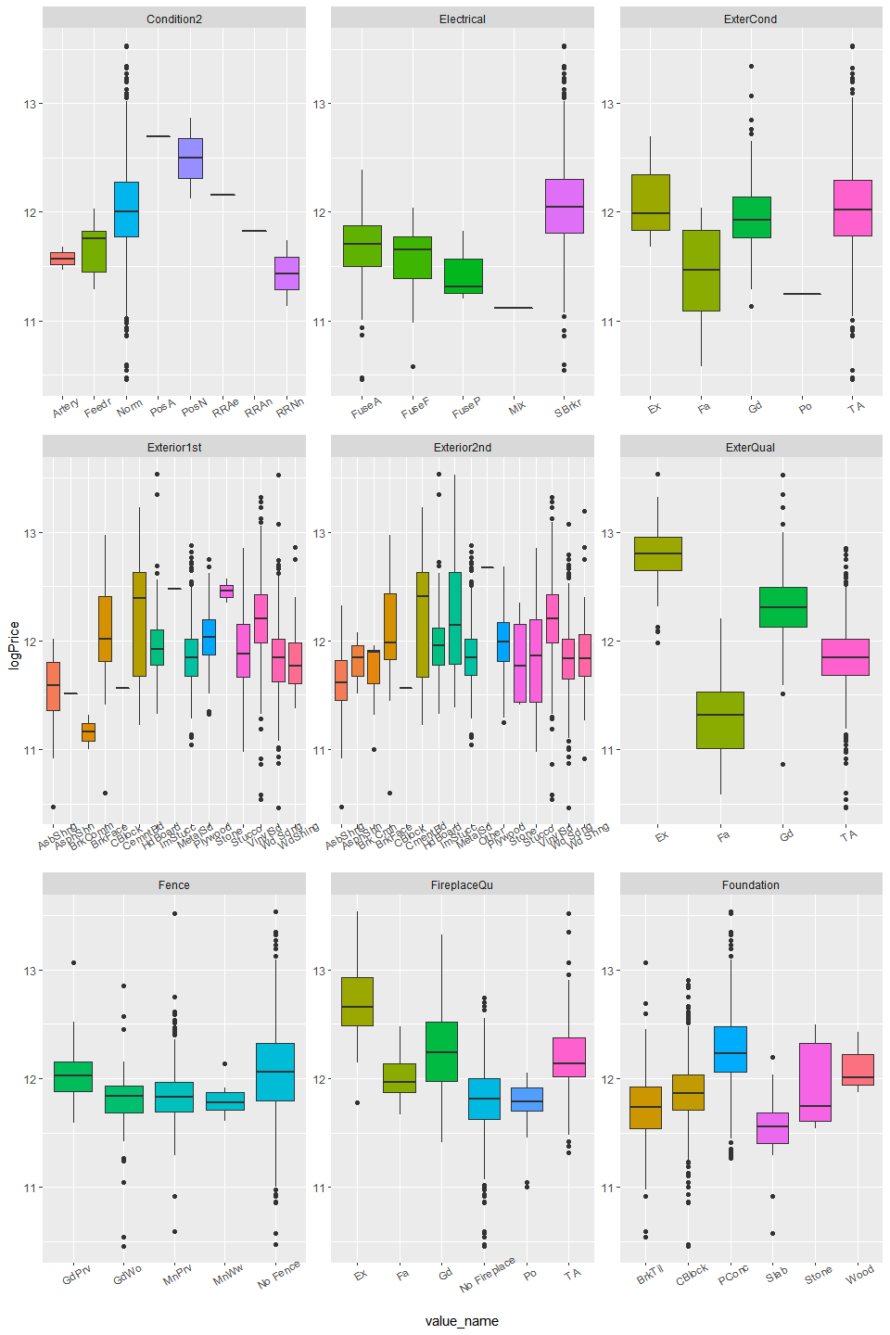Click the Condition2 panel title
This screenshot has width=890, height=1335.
point(173,19)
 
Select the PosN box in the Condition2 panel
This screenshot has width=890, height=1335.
point(190,159)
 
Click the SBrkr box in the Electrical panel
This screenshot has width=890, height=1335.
point(564,206)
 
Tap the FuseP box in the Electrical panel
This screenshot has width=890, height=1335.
point(463,276)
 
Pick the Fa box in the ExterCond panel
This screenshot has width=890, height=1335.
point(701,271)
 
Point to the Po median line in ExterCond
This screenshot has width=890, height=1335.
point(802,294)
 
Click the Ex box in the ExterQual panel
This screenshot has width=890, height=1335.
point(657,553)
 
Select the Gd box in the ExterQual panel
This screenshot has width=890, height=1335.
point(782,607)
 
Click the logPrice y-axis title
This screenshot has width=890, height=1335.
point(14,645)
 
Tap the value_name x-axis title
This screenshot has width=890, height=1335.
point(462,1321)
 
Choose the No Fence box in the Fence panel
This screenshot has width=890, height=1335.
point(274,1072)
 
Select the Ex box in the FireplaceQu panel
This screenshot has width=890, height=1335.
point(357,1001)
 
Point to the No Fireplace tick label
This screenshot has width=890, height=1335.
point(488,1275)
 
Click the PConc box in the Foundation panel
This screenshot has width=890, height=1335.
point(731,1049)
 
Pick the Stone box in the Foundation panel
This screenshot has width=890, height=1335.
point(815,1082)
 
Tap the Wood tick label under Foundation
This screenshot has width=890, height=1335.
point(859,1274)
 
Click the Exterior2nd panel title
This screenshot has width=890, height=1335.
point(462,447)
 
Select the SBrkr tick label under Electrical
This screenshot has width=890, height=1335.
point(568,407)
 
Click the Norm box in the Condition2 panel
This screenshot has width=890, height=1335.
point(126,210)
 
